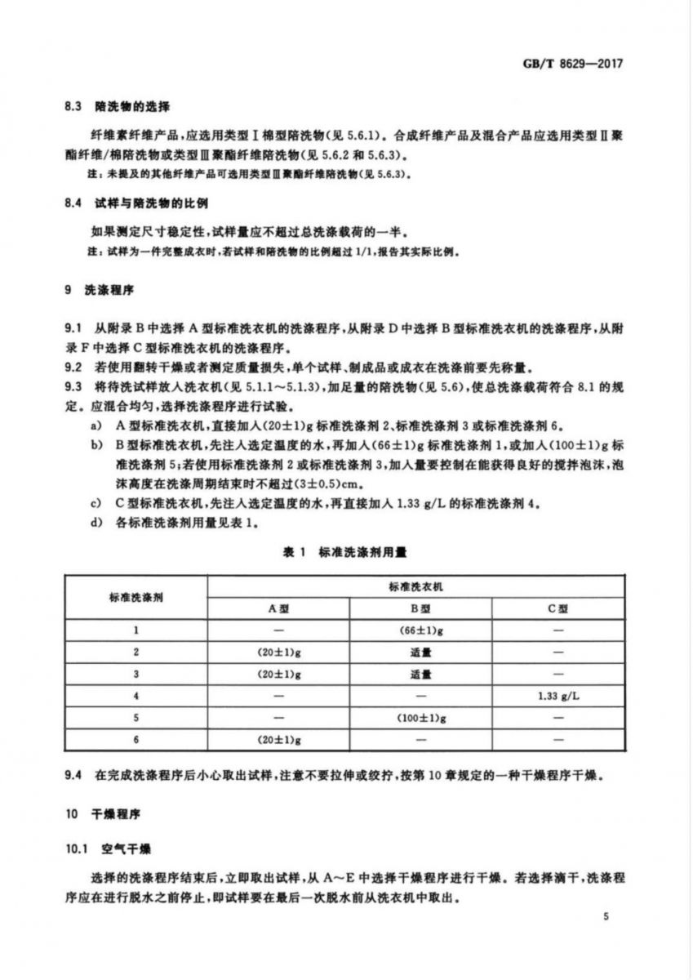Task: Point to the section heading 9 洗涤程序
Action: coord(96,290)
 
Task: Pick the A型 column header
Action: coord(278,608)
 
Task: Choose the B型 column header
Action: coord(420,608)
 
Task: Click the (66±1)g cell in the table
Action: coord(420,630)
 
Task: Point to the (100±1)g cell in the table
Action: coord(420,718)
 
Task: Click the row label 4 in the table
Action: coord(136,696)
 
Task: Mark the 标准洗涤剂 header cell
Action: coord(136,597)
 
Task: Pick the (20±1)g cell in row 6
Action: coord(278,740)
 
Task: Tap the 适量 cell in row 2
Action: coord(420,653)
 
